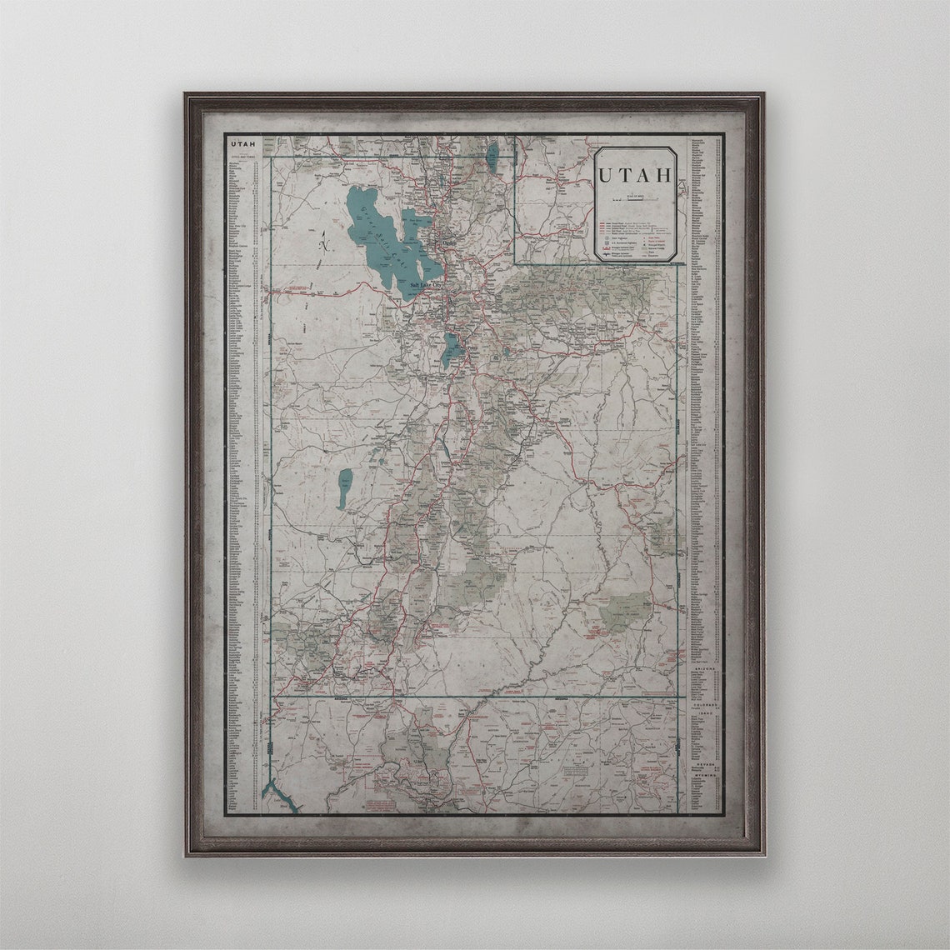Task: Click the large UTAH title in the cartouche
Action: point(635,176)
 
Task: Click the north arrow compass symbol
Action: point(324,242)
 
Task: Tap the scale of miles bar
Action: point(634,198)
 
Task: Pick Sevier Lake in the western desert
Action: point(344,487)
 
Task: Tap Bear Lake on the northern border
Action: point(492,153)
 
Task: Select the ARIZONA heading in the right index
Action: point(700,668)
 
